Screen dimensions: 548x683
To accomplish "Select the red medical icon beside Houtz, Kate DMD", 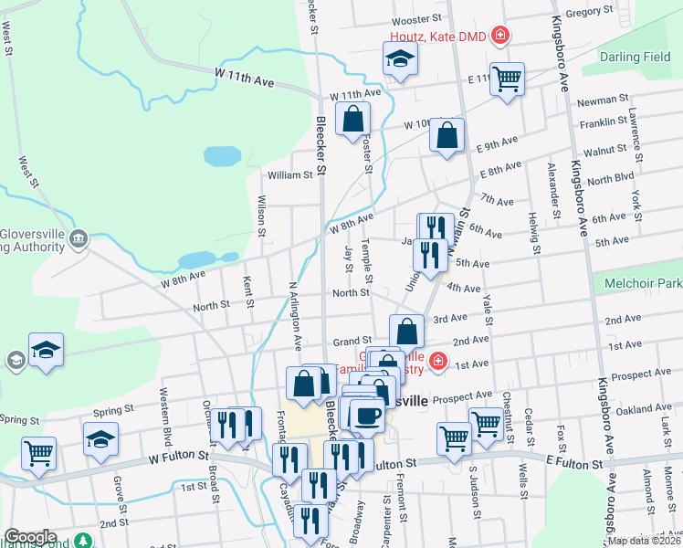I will click(x=499, y=37).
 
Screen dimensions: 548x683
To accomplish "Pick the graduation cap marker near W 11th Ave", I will click(x=398, y=60).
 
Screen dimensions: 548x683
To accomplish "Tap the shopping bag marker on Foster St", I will click(x=352, y=119).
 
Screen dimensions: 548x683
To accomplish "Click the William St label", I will click(x=289, y=174).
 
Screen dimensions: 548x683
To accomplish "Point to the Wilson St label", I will click(x=262, y=216).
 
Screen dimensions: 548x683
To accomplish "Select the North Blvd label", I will click(x=611, y=179).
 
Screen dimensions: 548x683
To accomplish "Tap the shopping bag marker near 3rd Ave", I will click(x=406, y=331).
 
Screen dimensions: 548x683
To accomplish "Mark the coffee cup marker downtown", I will click(x=367, y=416).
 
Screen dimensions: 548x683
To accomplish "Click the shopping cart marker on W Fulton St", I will click(x=38, y=453).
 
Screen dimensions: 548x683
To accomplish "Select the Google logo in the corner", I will click(x=30, y=537).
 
